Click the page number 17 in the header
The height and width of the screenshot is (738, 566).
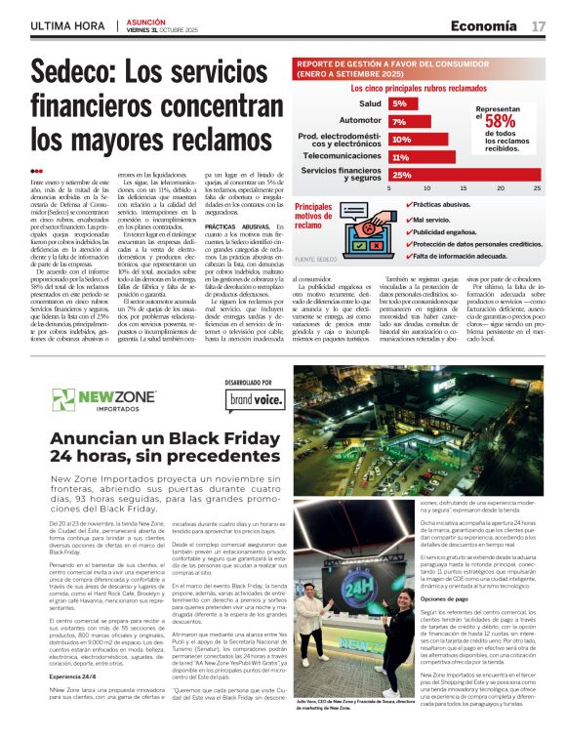pyautogui.click(x=539, y=25)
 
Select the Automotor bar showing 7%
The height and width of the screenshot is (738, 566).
pyautogui.click(x=398, y=121)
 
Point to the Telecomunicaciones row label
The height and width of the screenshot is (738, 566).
pyautogui.click(x=342, y=156)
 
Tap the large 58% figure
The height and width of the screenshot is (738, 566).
pyautogui.click(x=501, y=121)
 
